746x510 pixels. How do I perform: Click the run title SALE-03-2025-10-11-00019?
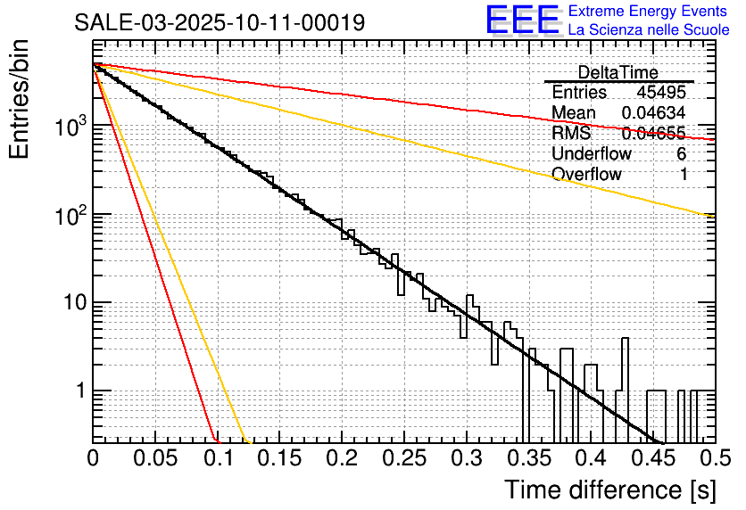[x=220, y=23]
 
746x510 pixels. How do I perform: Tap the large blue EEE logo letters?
[x=522, y=21]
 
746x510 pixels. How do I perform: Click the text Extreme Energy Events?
[x=649, y=12]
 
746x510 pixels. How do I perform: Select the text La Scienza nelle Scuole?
[x=649, y=30]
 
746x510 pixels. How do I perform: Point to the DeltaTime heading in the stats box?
[x=618, y=72]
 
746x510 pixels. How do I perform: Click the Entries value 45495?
[x=661, y=93]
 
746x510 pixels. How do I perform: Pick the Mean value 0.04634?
[x=654, y=113]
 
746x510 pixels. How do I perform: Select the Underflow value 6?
[x=681, y=154]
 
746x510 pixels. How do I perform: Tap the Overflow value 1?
[x=684, y=175]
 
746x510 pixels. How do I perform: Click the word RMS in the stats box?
[x=571, y=134]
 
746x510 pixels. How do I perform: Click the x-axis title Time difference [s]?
[x=609, y=489]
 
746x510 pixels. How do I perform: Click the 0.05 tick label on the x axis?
[x=156, y=460]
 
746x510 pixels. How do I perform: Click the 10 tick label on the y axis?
[x=72, y=303]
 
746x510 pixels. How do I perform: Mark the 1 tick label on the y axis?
[x=79, y=391]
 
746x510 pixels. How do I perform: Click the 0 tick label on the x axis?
[x=94, y=460]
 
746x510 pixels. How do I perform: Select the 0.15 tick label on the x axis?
[x=280, y=460]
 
